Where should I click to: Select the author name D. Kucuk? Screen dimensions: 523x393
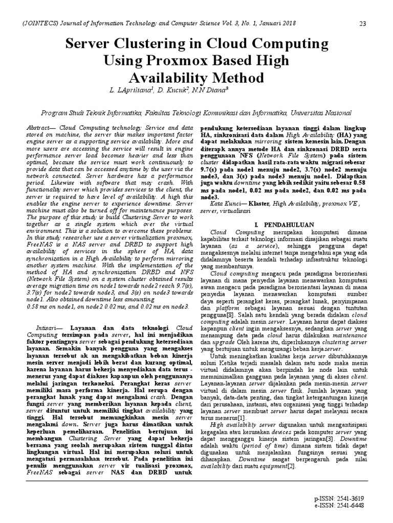pos(173,90)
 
